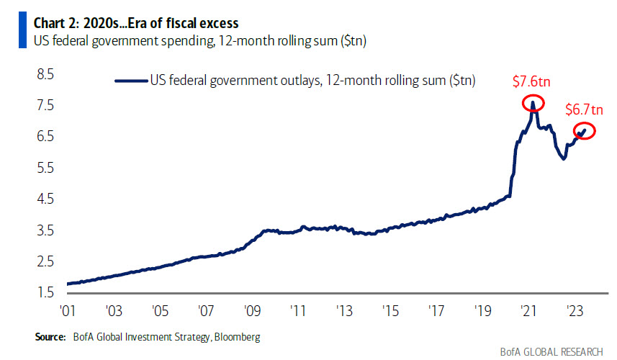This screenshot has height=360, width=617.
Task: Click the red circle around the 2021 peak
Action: coord(533,104)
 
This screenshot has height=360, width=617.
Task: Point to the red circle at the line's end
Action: coord(584,130)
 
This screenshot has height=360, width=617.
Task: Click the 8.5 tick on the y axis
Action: coord(45,74)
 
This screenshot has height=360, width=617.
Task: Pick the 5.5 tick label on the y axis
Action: coord(45,168)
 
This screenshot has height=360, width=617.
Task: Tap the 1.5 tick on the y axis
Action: coord(45,292)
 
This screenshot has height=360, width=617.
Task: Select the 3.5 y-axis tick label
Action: coord(45,230)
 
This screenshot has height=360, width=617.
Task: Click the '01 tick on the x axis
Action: coord(67,311)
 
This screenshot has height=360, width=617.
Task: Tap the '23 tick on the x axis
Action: coord(574,311)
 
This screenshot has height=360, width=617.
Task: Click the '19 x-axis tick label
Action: coord(482,311)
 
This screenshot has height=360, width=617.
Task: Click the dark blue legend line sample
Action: coord(130,81)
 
